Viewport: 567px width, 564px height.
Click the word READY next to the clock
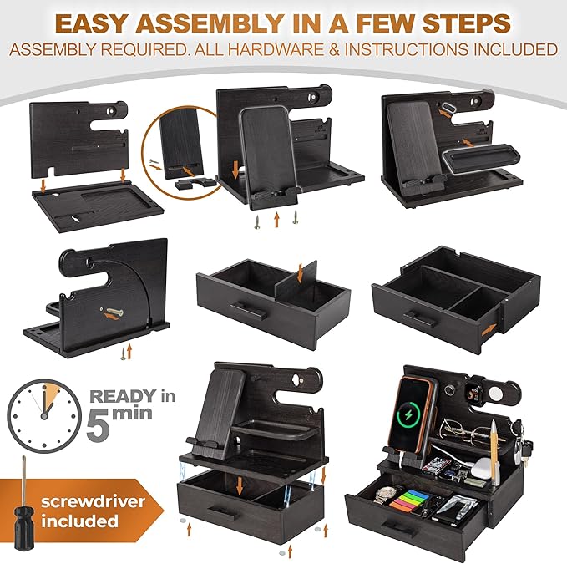pos(124,396)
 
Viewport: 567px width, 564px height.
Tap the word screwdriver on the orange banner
pos(93,501)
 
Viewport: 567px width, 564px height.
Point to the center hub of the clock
pos(44,416)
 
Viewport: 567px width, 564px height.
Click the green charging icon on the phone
pos(408,416)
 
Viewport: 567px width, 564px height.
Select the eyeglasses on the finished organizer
pos(464,429)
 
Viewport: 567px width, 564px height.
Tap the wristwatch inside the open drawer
pos(385,494)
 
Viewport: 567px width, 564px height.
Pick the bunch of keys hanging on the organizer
pos(521,442)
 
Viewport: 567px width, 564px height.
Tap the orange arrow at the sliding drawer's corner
pos(489,329)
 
